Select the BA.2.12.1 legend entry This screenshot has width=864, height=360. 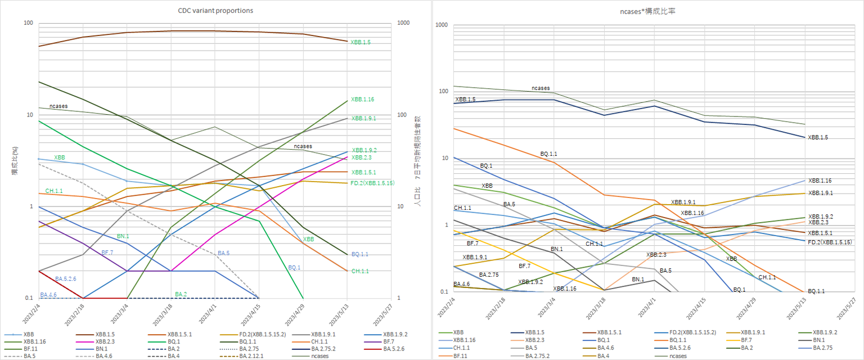click(x=253, y=355)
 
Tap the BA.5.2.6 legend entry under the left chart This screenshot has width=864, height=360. click(x=397, y=348)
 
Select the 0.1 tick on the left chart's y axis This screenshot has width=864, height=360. click(x=28, y=298)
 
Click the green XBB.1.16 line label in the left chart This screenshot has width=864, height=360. click(x=362, y=100)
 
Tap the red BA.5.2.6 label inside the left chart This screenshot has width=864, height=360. click(x=65, y=278)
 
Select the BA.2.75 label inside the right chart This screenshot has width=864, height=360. click(x=488, y=274)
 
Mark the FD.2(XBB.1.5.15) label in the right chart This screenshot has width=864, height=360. click(x=830, y=242)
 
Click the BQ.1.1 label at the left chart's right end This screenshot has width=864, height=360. click(x=359, y=254)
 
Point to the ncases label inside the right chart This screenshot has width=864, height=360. click(x=541, y=88)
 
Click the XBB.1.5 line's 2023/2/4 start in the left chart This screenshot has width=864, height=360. click(x=38, y=46)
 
